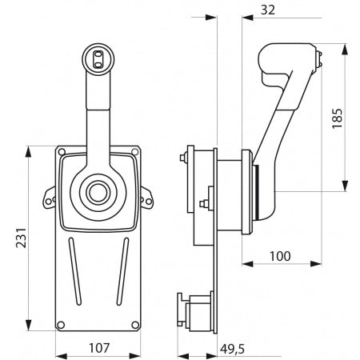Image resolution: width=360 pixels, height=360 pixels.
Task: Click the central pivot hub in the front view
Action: point(98,192)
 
